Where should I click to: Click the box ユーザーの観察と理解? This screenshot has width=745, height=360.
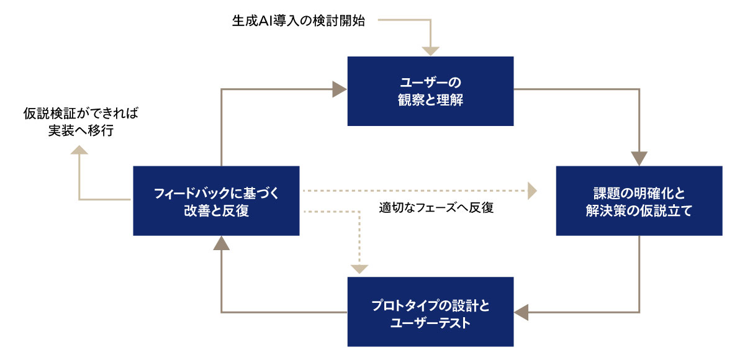pos(430,91)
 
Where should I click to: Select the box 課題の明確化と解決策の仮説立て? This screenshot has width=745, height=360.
pos(639,200)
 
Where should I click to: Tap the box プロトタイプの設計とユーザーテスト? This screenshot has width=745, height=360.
pos(430,312)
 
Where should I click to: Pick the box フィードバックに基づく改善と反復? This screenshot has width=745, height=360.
pos(216,200)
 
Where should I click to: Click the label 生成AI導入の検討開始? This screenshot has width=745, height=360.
pos(299,20)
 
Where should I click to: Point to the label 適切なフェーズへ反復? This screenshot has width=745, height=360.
pos(436,207)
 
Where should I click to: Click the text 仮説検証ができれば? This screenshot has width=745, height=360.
pos(81,114)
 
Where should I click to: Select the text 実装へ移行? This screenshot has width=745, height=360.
pos(81,130)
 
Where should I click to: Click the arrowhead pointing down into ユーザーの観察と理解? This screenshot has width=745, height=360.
pos(431,51)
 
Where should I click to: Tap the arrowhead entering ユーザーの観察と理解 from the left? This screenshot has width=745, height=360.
pos(339,89)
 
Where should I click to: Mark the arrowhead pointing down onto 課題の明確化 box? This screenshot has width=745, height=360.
pos(639,158)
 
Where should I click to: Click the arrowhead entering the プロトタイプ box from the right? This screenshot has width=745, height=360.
pos(521,312)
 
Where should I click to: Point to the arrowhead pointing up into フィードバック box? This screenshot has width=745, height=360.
pos(222,243)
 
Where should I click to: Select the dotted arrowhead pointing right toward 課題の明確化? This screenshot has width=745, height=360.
pos(532,191)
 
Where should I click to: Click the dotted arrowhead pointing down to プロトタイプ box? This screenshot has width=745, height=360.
pos(359,269)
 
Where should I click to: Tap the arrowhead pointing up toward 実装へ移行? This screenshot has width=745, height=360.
pos(79,150)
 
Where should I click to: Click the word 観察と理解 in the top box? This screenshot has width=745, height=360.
pos(430,100)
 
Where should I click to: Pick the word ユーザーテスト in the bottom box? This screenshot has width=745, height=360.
pos(430,323)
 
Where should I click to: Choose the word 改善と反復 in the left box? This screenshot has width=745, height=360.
pos(216,210)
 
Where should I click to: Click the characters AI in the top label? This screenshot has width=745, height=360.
pos(266,20)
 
